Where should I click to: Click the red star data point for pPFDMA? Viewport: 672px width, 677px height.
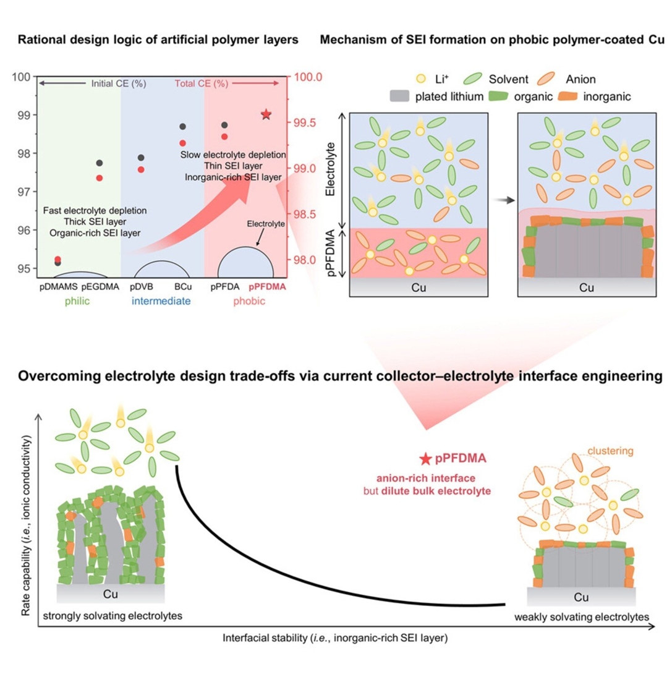tap(266, 114)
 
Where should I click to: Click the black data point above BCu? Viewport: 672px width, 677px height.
tap(182, 127)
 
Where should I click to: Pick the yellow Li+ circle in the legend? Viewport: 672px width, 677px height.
tap(420, 79)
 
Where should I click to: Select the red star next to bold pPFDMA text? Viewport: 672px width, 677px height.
tap(425, 459)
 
